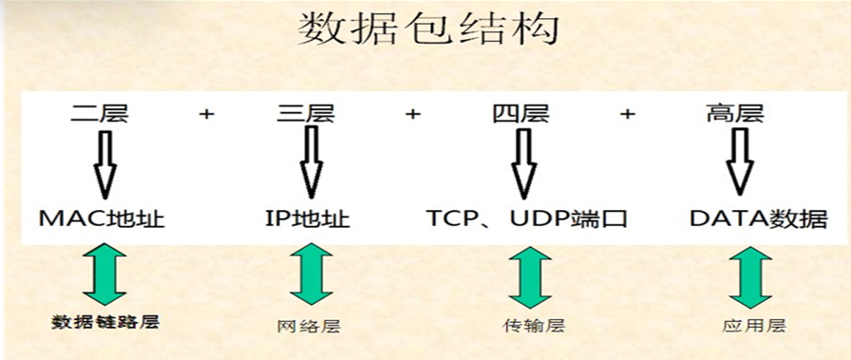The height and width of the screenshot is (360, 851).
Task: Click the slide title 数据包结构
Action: (x=428, y=30)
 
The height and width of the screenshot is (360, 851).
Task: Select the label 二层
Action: (x=99, y=116)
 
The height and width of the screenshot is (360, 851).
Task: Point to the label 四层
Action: (x=520, y=116)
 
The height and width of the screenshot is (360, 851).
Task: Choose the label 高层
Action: (x=736, y=116)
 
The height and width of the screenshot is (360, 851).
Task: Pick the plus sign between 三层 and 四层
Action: (x=412, y=115)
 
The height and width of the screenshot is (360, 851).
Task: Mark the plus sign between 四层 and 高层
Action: (x=627, y=115)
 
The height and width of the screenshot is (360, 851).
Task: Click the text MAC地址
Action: (x=102, y=219)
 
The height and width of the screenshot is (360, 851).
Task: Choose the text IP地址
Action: (x=307, y=219)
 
